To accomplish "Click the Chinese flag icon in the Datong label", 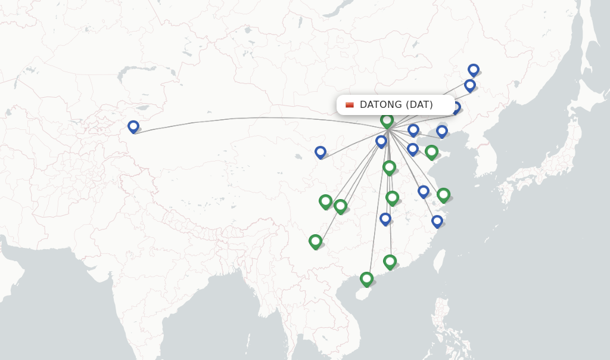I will (x=350, y=105).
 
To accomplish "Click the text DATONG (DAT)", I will (x=396, y=105).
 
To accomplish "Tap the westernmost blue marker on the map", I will (x=133, y=126).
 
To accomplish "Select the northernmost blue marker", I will (x=474, y=70).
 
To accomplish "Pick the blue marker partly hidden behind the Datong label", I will (x=456, y=108).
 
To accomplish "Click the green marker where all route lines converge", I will (x=387, y=121).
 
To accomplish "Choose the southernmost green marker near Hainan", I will (x=366, y=278).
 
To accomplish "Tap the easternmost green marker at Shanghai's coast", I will (x=443, y=195).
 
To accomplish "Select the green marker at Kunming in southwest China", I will (x=316, y=241).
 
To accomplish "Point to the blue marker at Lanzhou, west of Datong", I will (x=320, y=152).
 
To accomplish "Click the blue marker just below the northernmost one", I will (x=470, y=85).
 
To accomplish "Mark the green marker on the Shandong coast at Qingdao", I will (x=431, y=152).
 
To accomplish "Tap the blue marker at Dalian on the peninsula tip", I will (x=441, y=131).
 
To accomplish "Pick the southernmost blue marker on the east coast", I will (x=437, y=221).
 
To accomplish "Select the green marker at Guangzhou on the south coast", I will (x=390, y=261).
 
